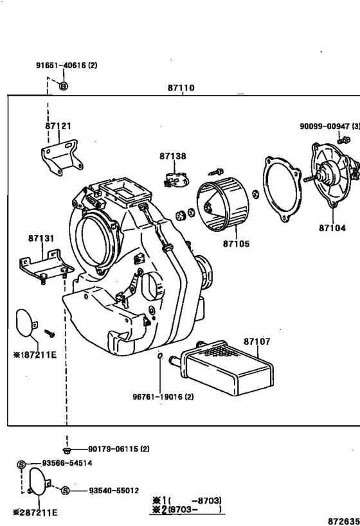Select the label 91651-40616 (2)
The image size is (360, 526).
pos(66,66)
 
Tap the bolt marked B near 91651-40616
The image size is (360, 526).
pos(63,86)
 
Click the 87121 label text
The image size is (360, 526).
pos(58,126)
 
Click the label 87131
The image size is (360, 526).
pos(40,238)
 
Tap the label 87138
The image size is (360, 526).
pos(173,156)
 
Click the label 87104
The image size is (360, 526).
pos(332,227)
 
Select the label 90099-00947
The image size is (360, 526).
pos(328,127)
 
